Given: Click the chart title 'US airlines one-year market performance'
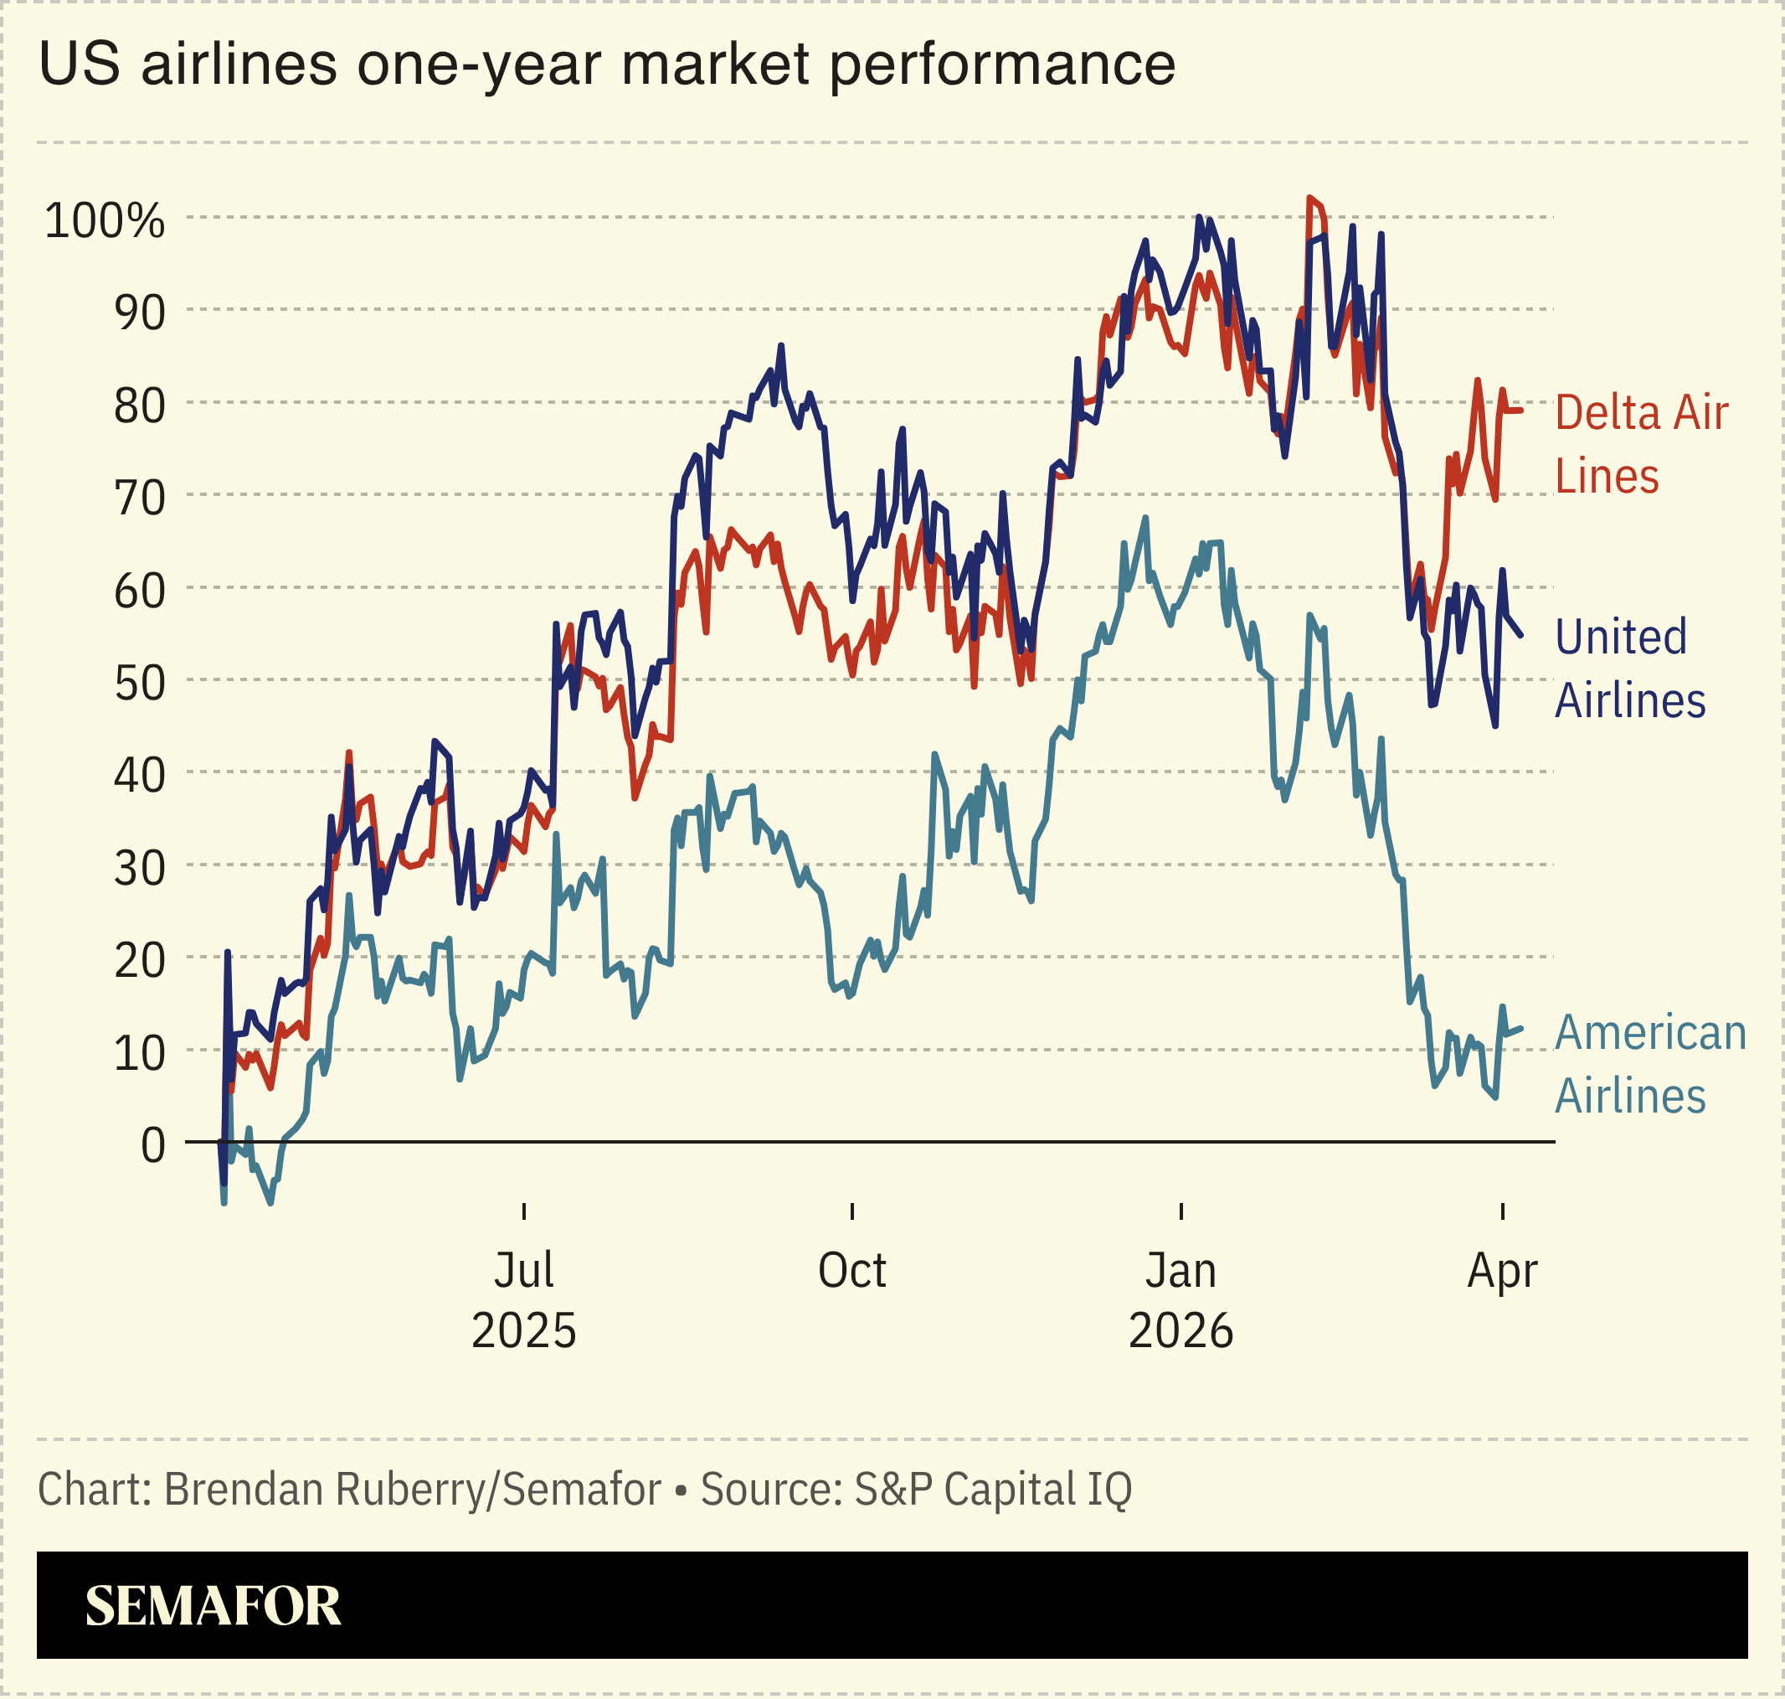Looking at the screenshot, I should [606, 65].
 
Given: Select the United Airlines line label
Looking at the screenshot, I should [1628, 669].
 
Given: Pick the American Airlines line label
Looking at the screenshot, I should [1649, 1064].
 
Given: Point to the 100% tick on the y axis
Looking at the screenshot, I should [105, 220].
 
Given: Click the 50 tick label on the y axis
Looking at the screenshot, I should [139, 683].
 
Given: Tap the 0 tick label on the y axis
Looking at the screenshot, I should [153, 1145].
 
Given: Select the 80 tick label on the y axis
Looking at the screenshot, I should [139, 405].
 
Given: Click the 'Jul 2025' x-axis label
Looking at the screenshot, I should [523, 1299].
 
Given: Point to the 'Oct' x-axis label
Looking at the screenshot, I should [851, 1271].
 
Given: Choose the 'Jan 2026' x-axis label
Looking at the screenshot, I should [1181, 1299].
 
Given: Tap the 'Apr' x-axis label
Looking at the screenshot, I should [1502, 1271].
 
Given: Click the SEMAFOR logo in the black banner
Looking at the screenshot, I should [213, 1607].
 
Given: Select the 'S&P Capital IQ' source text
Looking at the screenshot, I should [993, 1490].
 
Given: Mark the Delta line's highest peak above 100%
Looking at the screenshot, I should [1309, 197].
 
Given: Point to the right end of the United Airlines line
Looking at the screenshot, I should [1520, 635].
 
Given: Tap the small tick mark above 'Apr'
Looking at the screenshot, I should [1503, 1211].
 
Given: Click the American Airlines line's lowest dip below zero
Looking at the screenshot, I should [270, 1202].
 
